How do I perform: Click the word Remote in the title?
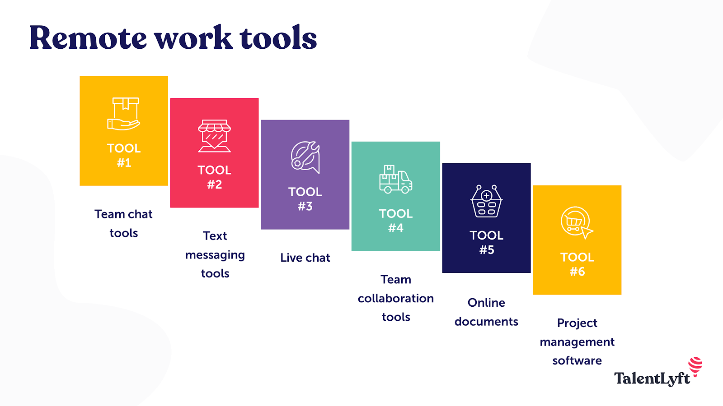(88, 38)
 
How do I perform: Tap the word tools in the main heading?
(278, 38)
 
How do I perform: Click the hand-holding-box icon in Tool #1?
(124, 114)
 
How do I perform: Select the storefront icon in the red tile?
(215, 136)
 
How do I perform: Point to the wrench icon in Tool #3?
(305, 157)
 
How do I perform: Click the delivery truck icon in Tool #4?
(395, 179)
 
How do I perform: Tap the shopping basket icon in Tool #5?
(486, 201)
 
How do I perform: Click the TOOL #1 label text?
(124, 155)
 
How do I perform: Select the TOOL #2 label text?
(215, 177)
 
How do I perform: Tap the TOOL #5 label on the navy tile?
(486, 242)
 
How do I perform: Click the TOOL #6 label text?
(577, 264)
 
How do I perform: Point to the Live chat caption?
(305, 258)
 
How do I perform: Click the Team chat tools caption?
(123, 223)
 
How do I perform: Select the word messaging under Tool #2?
(215, 255)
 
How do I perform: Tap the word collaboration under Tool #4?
(396, 298)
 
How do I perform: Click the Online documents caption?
(486, 312)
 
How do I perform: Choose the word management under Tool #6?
(577, 342)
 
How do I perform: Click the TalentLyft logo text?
(652, 378)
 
